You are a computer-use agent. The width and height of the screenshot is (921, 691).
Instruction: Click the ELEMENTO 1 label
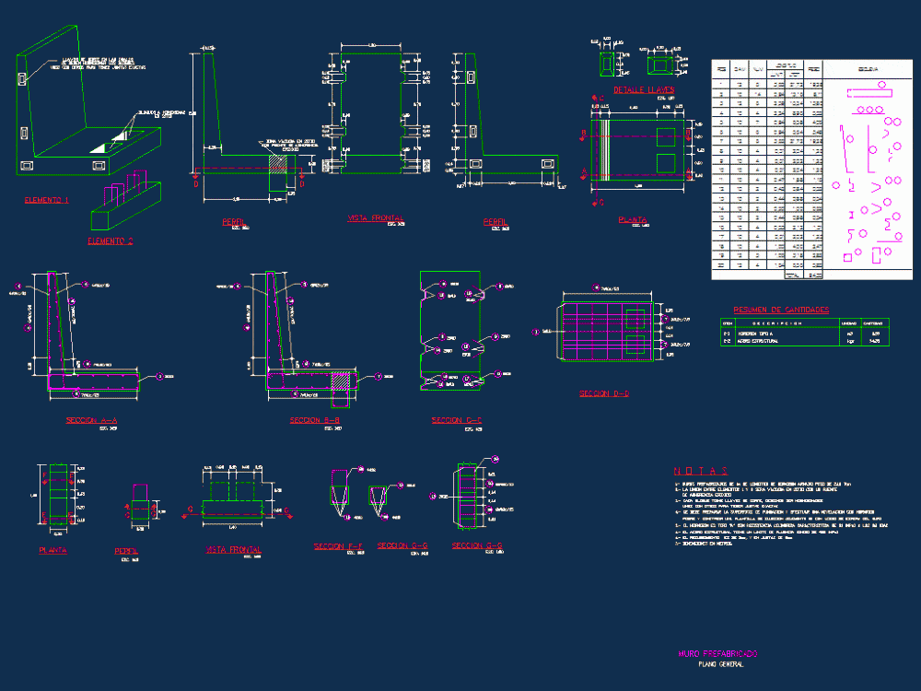tap(46, 200)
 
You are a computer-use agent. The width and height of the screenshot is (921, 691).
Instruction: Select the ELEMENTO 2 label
tap(111, 240)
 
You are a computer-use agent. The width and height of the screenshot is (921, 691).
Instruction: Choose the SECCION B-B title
tap(316, 420)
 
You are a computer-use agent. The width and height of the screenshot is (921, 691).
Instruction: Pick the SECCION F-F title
tap(339, 546)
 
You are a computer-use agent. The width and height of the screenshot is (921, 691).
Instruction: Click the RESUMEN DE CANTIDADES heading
tap(781, 310)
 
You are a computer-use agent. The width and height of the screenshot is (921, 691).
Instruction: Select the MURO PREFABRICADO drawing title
tap(718, 653)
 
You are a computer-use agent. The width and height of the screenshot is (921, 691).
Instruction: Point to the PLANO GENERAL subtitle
tap(720, 663)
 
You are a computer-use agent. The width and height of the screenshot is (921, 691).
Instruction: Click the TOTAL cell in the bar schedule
tap(790, 275)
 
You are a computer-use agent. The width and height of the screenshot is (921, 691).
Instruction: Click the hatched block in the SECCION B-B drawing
tap(341, 379)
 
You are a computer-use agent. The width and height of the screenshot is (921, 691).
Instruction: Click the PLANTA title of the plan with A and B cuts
tap(632, 220)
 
